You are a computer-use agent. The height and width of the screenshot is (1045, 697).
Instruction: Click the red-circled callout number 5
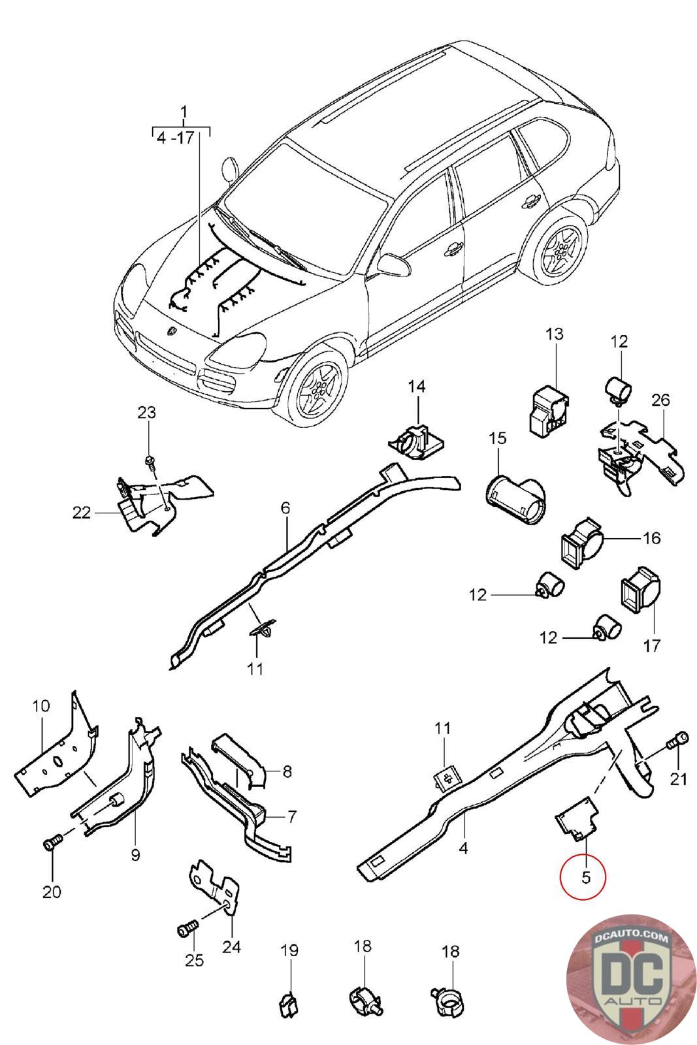pos(585,876)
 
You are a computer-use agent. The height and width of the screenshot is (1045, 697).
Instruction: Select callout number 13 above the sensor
pos(554,334)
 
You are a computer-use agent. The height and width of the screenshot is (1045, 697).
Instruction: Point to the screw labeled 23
pos(149,462)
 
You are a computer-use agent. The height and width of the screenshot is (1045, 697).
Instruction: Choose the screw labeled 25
pos(186,929)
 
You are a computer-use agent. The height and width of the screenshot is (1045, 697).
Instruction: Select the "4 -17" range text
pos(176,138)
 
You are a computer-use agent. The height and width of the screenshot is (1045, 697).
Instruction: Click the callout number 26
pos(660,399)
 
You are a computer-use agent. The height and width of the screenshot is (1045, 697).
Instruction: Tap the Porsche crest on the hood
pos(171,331)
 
